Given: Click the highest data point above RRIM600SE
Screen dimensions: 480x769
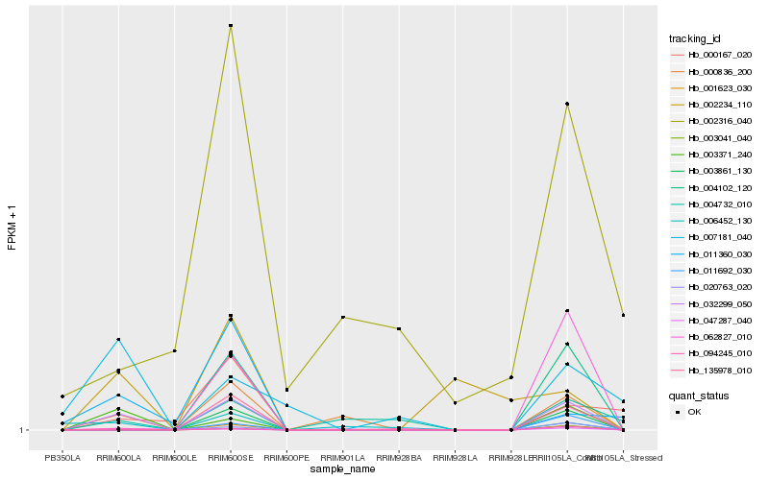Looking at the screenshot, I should click(231, 25).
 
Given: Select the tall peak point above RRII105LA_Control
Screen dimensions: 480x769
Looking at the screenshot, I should click(567, 104).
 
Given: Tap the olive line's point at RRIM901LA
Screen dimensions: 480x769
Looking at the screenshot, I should click(342, 317).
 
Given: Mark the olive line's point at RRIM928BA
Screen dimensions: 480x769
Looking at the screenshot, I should click(399, 328).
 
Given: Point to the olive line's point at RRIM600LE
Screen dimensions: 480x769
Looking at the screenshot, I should click(175, 350).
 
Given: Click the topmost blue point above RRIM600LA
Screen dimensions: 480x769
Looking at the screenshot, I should click(118, 339).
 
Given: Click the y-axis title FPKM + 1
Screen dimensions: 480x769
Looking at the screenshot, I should click(12, 228).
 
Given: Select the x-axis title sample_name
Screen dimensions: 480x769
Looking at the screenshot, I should click(343, 469).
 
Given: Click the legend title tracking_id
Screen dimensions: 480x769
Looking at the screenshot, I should click(694, 38).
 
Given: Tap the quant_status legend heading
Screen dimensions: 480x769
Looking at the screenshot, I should click(699, 395).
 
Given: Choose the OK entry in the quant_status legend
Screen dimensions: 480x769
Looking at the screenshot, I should click(694, 411).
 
